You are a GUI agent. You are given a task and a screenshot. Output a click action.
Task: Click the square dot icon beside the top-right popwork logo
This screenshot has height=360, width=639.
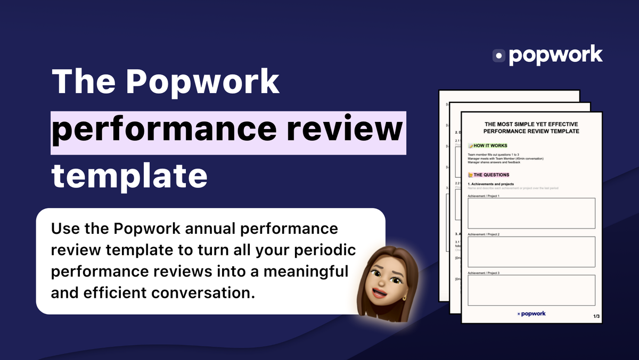(499, 55)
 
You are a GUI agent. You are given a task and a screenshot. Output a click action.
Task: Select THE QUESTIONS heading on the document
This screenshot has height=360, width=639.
(491, 175)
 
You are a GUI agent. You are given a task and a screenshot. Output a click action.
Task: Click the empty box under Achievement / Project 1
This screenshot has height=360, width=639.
(531, 214)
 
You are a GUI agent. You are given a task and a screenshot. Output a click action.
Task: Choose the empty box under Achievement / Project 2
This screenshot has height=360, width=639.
(531, 252)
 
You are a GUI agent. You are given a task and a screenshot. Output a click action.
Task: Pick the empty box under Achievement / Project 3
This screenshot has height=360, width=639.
(531, 290)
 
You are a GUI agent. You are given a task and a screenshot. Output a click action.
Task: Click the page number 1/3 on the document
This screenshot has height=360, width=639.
(596, 317)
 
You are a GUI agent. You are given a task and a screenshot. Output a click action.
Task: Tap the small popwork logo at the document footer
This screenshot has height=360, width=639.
(531, 314)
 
